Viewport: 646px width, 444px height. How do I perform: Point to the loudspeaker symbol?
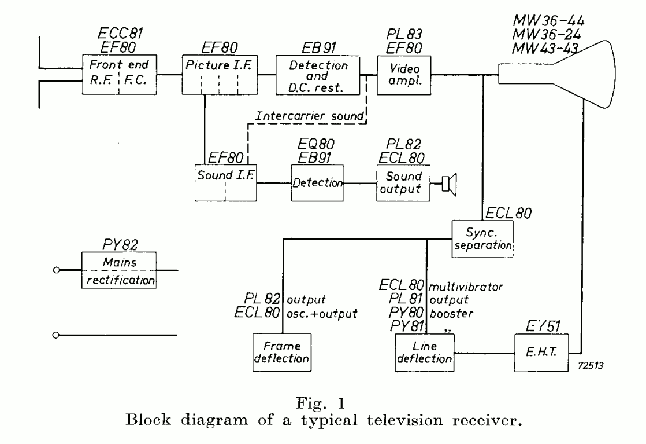click(448, 183)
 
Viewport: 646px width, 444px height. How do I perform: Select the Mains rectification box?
click(119, 271)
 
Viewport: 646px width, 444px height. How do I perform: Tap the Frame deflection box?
click(281, 351)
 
